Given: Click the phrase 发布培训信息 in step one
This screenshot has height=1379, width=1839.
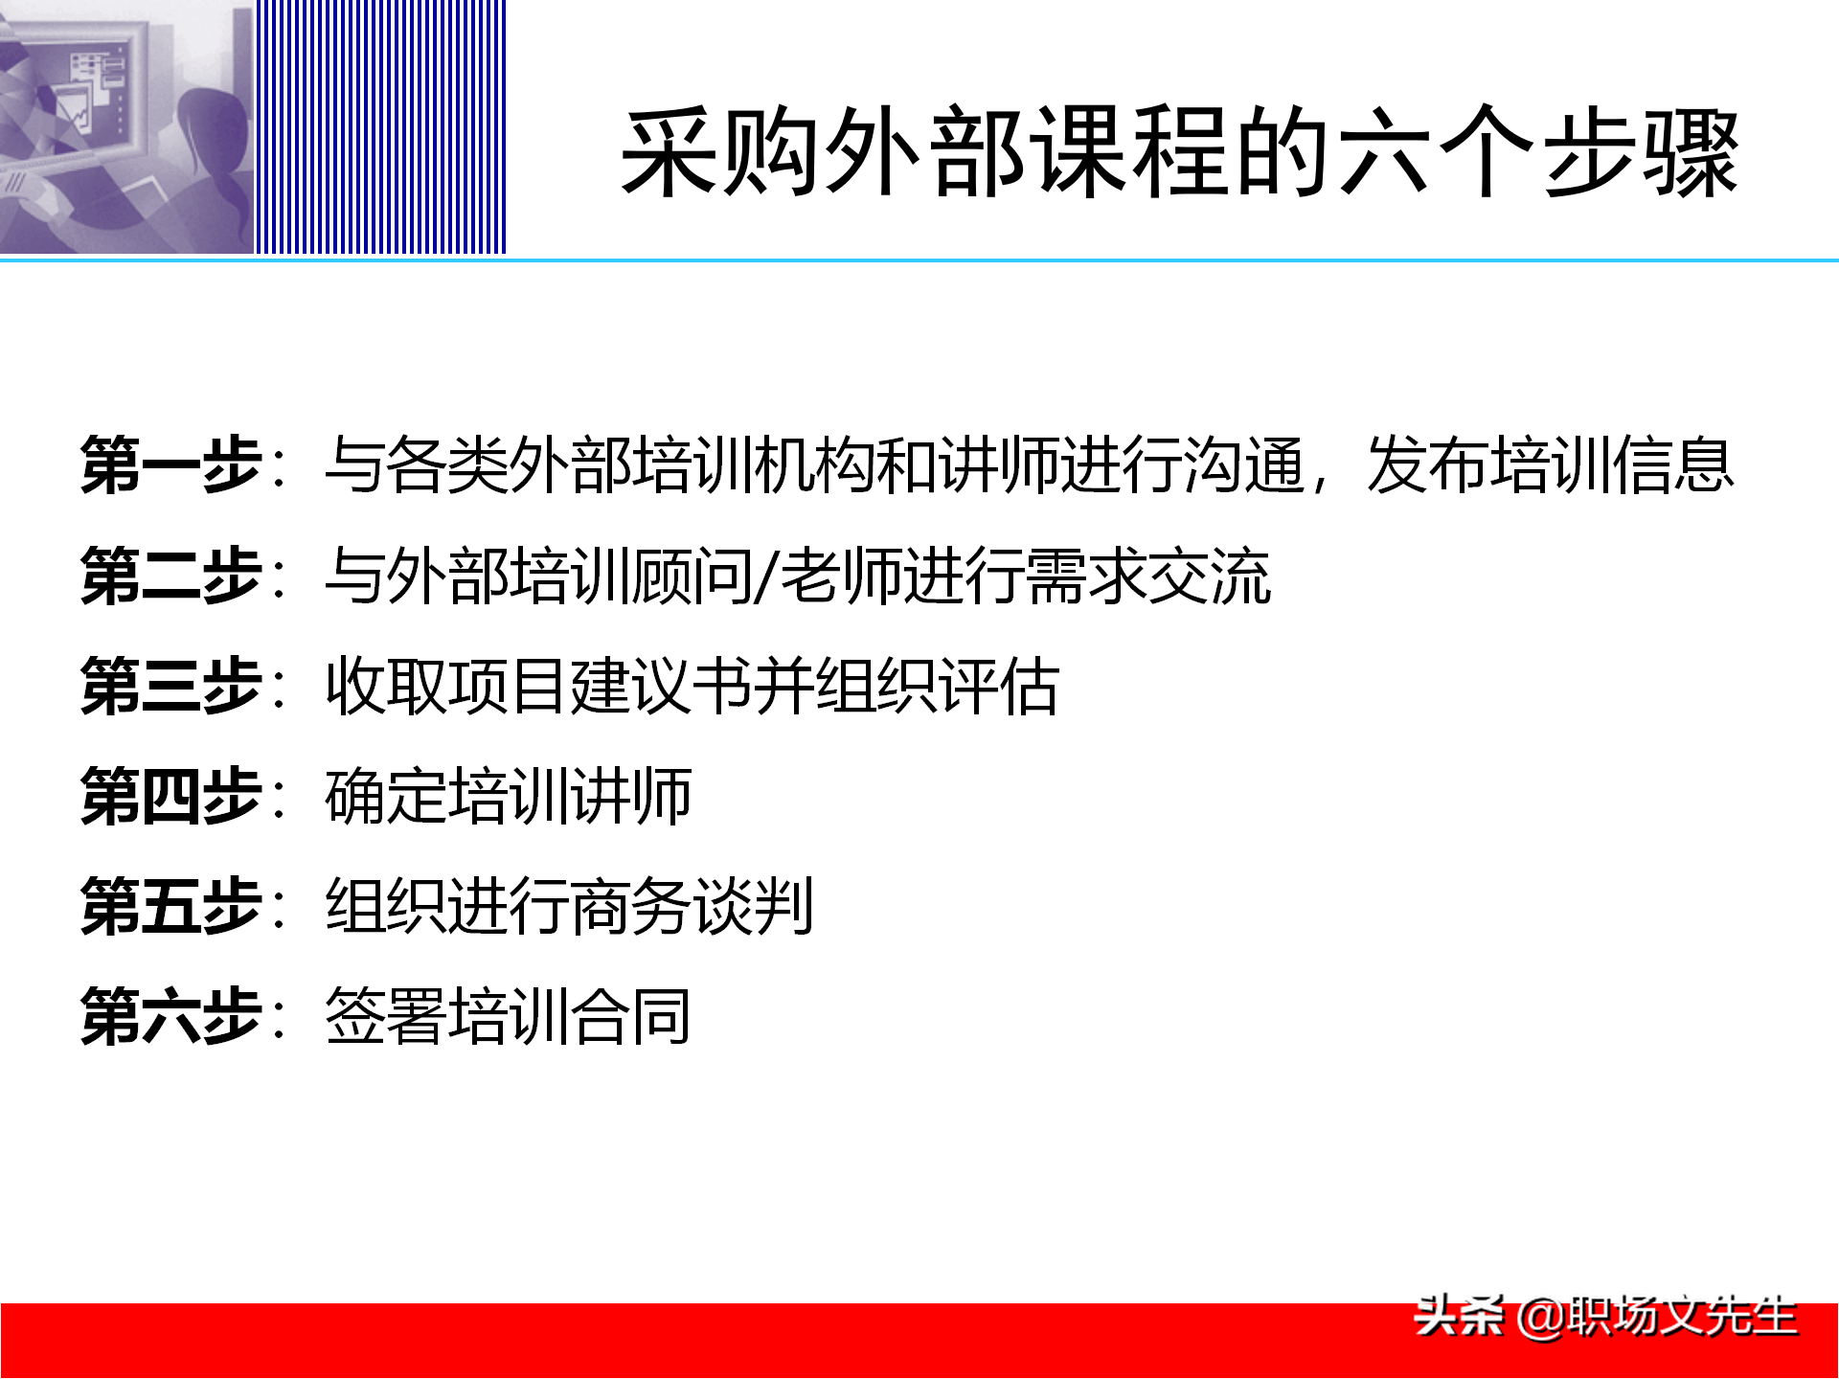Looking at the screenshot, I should click(x=1550, y=465).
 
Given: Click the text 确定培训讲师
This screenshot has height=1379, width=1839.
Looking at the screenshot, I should click(x=509, y=797).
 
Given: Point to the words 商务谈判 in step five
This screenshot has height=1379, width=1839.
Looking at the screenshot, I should click(x=692, y=907).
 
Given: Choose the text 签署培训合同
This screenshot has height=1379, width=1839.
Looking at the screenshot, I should click(x=509, y=1016).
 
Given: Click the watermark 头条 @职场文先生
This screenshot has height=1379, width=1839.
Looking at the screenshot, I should click(x=1605, y=1317).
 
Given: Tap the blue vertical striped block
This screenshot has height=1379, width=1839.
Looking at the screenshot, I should click(x=380, y=126).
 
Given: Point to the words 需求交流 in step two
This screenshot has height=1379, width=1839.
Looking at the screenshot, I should click(x=1148, y=576).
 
